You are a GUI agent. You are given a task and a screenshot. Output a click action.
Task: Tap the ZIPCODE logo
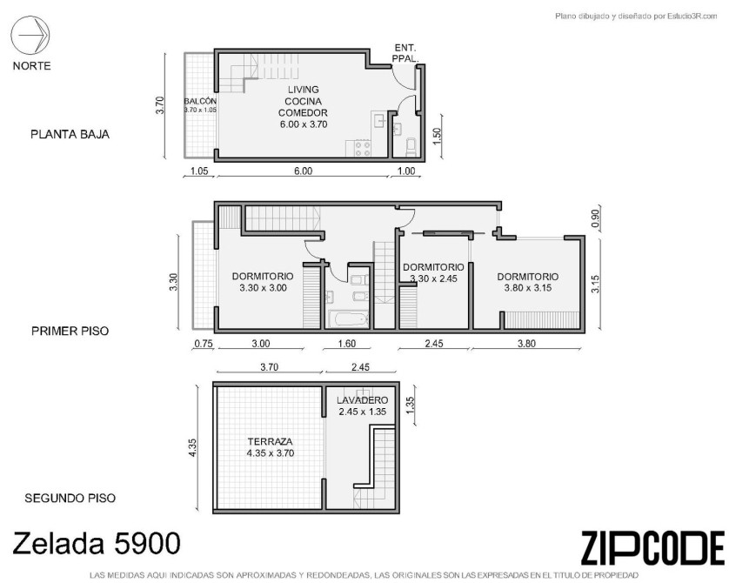(652, 548)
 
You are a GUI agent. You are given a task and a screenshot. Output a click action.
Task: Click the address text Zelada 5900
(97, 543)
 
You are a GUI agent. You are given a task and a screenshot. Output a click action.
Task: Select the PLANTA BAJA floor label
(70, 134)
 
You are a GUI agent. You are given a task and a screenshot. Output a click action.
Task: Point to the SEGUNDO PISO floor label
(70, 498)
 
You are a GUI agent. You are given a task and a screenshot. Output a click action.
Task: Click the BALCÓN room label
(200, 101)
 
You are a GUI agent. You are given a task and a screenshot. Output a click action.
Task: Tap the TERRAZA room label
(271, 441)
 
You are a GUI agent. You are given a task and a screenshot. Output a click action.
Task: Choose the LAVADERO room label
(362, 399)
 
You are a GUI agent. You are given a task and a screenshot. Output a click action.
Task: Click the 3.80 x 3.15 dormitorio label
(528, 282)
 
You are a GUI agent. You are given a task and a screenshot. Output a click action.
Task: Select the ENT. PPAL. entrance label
(405, 53)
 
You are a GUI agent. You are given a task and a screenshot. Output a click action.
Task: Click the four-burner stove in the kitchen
(363, 149)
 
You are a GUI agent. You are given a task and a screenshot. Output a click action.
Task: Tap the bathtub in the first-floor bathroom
(348, 319)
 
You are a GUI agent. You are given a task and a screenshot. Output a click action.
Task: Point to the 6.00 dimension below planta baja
(303, 171)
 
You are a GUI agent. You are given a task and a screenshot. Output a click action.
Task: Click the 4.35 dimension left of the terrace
(192, 448)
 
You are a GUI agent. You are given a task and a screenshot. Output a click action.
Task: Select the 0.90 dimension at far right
(596, 218)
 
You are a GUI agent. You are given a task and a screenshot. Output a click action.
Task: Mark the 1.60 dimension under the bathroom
(347, 344)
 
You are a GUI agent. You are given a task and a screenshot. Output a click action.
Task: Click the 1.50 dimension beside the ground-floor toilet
(436, 136)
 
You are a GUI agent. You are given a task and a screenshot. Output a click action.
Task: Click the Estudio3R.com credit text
(637, 17)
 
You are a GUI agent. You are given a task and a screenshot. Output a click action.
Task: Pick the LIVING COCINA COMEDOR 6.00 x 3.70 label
(303, 107)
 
